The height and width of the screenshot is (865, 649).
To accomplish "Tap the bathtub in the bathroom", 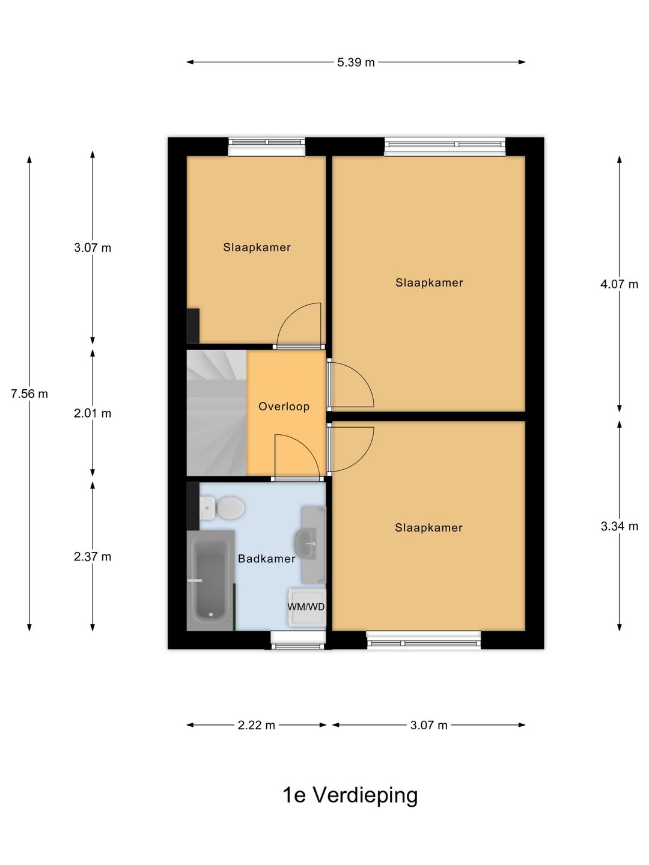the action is coord(210,580).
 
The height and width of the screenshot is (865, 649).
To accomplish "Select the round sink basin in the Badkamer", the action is coord(305,544).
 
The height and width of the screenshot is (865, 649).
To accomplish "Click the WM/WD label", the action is coord(306,607).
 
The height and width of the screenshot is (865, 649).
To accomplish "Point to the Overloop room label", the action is coord(284,406).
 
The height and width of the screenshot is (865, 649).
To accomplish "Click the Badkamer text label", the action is coord(267,559).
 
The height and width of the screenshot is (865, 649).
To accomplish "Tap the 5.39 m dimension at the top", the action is coord(355,62).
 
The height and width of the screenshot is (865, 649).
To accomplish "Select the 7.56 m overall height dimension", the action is coord(29,393).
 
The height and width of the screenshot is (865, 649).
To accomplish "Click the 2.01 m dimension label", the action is coord(93,413).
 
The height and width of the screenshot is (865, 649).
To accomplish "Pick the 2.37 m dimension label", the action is coord(93,557).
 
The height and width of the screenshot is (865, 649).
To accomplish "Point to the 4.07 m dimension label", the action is coord(619,284).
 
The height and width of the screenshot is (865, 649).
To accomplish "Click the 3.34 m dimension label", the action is coord(619,526).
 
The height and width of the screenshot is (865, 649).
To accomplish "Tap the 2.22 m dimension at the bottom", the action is coord(256,725).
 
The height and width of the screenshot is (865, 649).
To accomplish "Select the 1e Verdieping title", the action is coord(350,796).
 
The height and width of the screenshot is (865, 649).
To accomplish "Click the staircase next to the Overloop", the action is coord(217,413).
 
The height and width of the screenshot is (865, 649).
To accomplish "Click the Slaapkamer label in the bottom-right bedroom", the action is coord(428,527).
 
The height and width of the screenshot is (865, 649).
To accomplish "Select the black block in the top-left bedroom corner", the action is coord(193,326).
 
